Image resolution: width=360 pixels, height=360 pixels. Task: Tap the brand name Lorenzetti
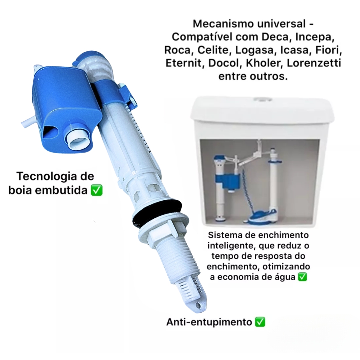pyautogui.click(x=314, y=63)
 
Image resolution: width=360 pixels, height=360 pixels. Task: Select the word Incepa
pyautogui.click(x=315, y=37)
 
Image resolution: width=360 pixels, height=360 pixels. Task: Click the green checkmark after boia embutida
pyautogui.click(x=96, y=190)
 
